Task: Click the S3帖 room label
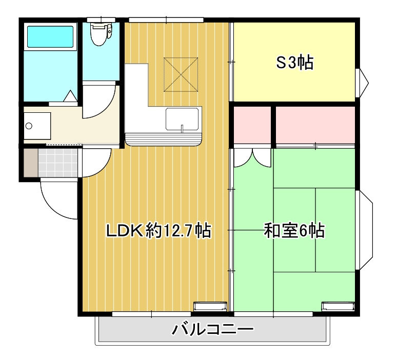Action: pos(295,63)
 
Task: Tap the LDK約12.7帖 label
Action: pos(158,231)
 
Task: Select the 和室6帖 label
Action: pos(294,231)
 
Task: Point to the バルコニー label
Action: pos(212,328)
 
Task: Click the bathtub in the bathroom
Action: pos(50,37)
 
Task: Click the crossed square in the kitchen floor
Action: pos(181,74)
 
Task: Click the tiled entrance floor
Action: pos(58,161)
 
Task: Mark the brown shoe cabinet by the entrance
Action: pos(30,161)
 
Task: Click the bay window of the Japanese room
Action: pos(365,230)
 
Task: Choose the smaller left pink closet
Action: pos(252,125)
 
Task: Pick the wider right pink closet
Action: pos(315,125)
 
